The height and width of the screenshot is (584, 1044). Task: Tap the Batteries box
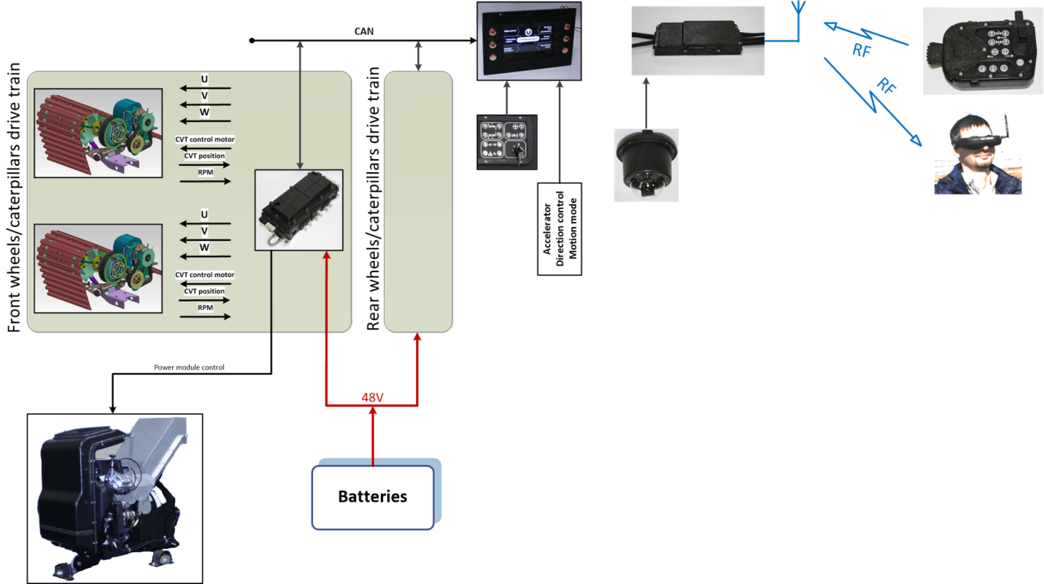coord(373,497)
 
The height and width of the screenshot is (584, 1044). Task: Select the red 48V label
coord(373,398)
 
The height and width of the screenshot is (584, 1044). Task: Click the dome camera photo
coord(646,165)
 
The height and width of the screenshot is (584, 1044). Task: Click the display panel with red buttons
coord(530,41)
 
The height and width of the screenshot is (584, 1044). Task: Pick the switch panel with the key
coord(507,142)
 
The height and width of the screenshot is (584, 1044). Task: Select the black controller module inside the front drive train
coord(298,209)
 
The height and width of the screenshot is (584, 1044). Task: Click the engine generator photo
coord(115,499)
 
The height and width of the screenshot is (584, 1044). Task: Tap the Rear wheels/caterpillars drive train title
coord(374,198)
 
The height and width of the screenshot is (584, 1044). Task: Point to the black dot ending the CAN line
coord(252,40)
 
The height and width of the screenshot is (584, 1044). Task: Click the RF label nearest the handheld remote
coord(862,50)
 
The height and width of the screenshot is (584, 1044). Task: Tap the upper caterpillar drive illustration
coord(97,132)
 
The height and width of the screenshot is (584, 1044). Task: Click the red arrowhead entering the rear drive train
coord(417,337)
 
